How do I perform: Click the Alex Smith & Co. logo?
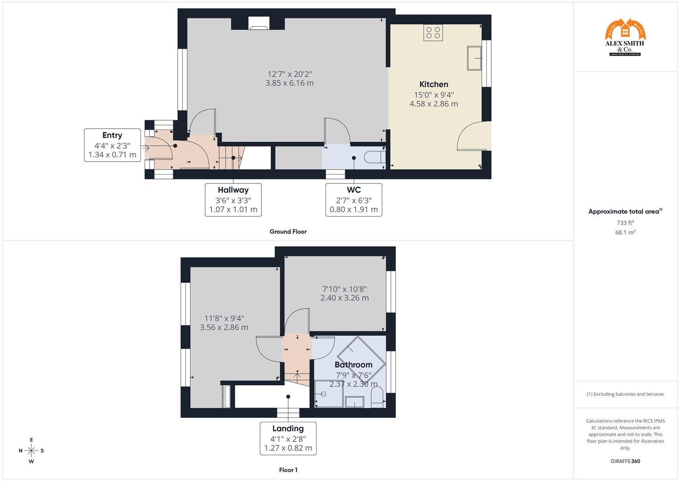(x=625, y=37)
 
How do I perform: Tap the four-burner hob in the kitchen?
(x=433, y=33)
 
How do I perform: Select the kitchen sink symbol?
(x=474, y=58)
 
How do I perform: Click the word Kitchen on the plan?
(x=434, y=84)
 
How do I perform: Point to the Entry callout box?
(x=112, y=145)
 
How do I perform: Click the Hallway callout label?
(x=233, y=200)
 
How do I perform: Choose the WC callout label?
(x=354, y=200)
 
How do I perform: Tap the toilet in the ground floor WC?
(x=374, y=157)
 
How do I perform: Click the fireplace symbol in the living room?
(x=258, y=24)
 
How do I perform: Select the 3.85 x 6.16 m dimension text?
(x=289, y=83)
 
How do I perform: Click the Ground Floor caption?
(x=288, y=232)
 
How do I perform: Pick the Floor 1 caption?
(x=288, y=470)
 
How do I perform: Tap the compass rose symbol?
(x=31, y=451)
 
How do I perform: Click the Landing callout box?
(x=288, y=438)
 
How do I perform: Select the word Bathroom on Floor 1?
(x=354, y=365)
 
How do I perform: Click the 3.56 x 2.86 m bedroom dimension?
(x=224, y=327)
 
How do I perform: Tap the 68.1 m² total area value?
(x=625, y=232)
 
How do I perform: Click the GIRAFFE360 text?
(x=625, y=461)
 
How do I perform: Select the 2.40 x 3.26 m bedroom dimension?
(x=344, y=298)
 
